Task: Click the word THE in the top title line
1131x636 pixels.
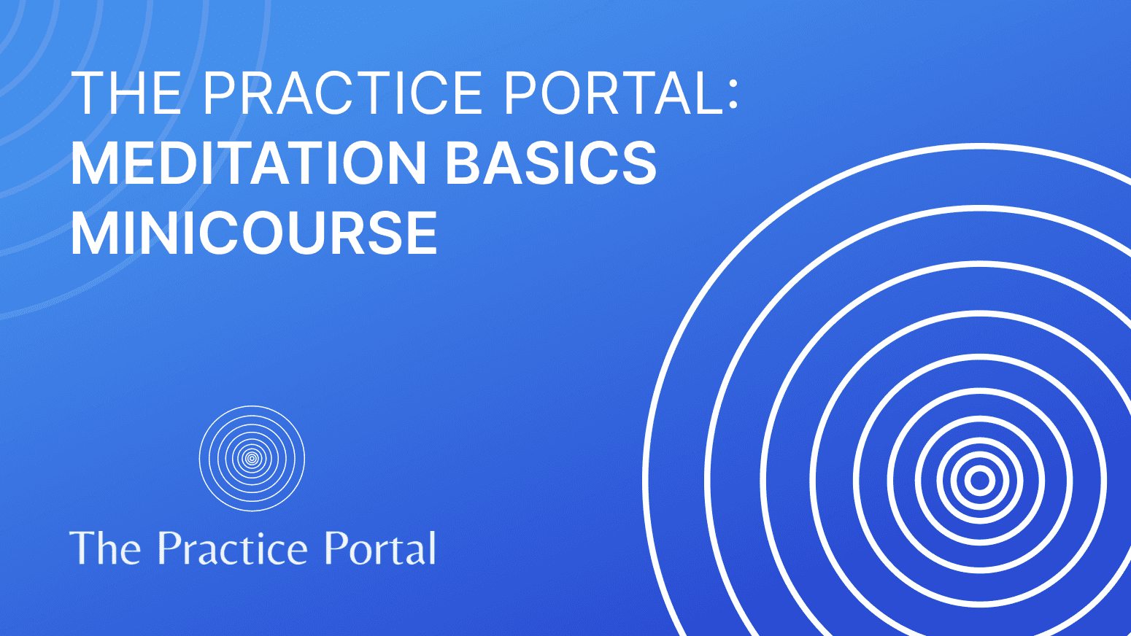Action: (x=126, y=93)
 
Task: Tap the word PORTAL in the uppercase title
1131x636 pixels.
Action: (x=612, y=93)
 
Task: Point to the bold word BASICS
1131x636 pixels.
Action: (x=551, y=163)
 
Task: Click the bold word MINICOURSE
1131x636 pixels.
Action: (x=254, y=233)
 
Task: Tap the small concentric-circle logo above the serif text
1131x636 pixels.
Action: (x=252, y=458)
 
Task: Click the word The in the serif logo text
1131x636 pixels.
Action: (x=105, y=548)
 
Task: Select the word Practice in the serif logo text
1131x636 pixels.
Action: (x=233, y=548)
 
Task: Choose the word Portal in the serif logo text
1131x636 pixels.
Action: (x=379, y=548)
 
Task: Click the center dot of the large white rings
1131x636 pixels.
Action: (x=980, y=481)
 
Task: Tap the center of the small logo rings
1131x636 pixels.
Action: (x=252, y=458)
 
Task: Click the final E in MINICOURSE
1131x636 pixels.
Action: (x=422, y=233)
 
